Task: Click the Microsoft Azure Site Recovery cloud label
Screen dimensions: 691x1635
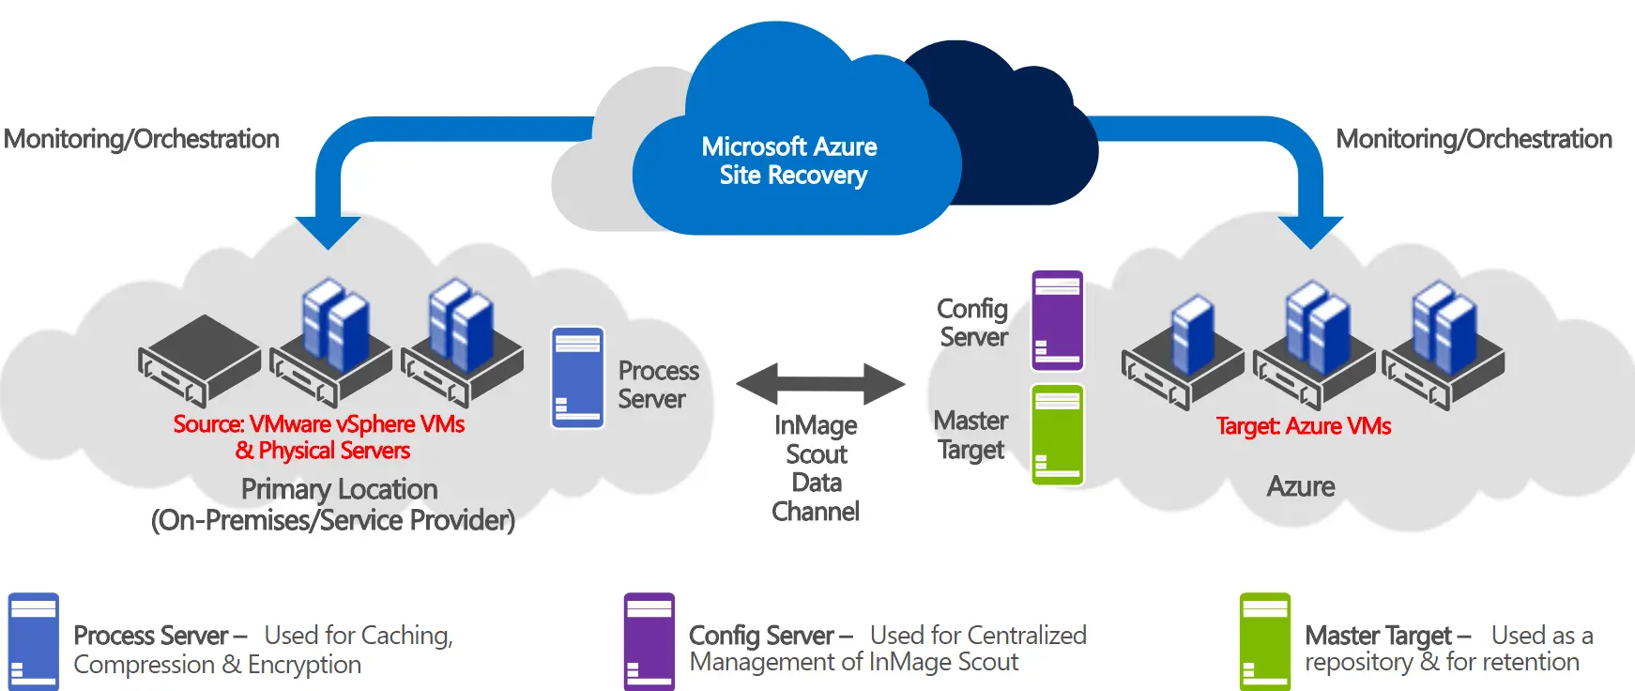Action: [x=789, y=161]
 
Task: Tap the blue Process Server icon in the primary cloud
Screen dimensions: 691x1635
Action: [x=577, y=377]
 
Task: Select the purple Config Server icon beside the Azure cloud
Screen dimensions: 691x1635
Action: [x=1058, y=320]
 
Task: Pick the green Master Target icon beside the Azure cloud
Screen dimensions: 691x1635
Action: [x=1058, y=435]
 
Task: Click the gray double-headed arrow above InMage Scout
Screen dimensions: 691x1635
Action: [x=820, y=383]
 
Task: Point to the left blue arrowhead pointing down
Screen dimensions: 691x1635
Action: [x=328, y=231]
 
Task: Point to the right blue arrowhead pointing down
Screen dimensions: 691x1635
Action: [x=1311, y=231]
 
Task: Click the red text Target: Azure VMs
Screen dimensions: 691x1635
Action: [x=1303, y=426]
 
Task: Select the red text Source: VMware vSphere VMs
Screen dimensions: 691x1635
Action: [x=319, y=424]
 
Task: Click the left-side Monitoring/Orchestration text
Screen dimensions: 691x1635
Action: [x=142, y=139]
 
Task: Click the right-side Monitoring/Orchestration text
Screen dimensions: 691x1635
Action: [x=1474, y=139]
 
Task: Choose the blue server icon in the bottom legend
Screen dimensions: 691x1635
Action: [x=34, y=642]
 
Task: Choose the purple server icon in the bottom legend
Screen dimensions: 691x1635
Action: [x=649, y=642]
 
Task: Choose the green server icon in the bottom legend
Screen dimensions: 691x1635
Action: [x=1265, y=642]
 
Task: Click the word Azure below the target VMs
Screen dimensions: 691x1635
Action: [x=1301, y=486]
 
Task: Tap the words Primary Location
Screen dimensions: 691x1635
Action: [x=339, y=489]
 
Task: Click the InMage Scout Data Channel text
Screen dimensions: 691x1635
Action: [x=816, y=468]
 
